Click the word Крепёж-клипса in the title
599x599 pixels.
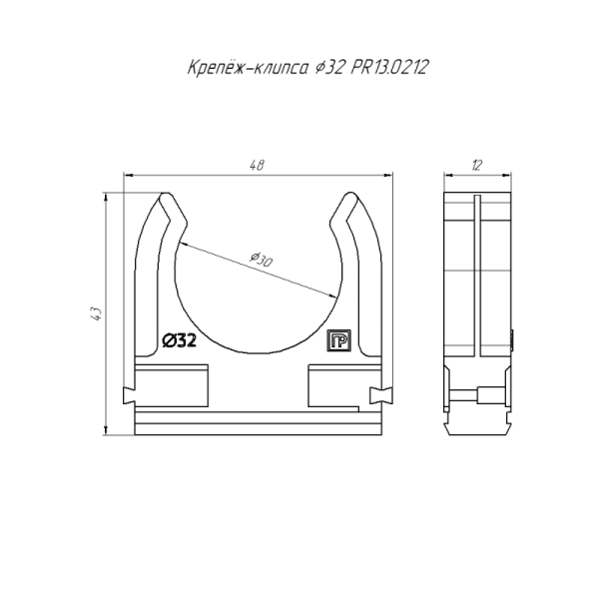(x=248, y=67)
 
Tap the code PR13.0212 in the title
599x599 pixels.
(x=389, y=68)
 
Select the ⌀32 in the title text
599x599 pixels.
(x=329, y=68)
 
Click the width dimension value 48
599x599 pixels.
(x=257, y=165)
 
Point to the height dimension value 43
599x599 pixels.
(x=97, y=313)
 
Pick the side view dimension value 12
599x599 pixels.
(x=477, y=165)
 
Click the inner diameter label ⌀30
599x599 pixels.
(x=262, y=260)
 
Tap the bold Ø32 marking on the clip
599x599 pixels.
(x=179, y=340)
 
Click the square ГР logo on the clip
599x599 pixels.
(x=338, y=340)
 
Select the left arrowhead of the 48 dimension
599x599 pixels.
(x=129, y=175)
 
